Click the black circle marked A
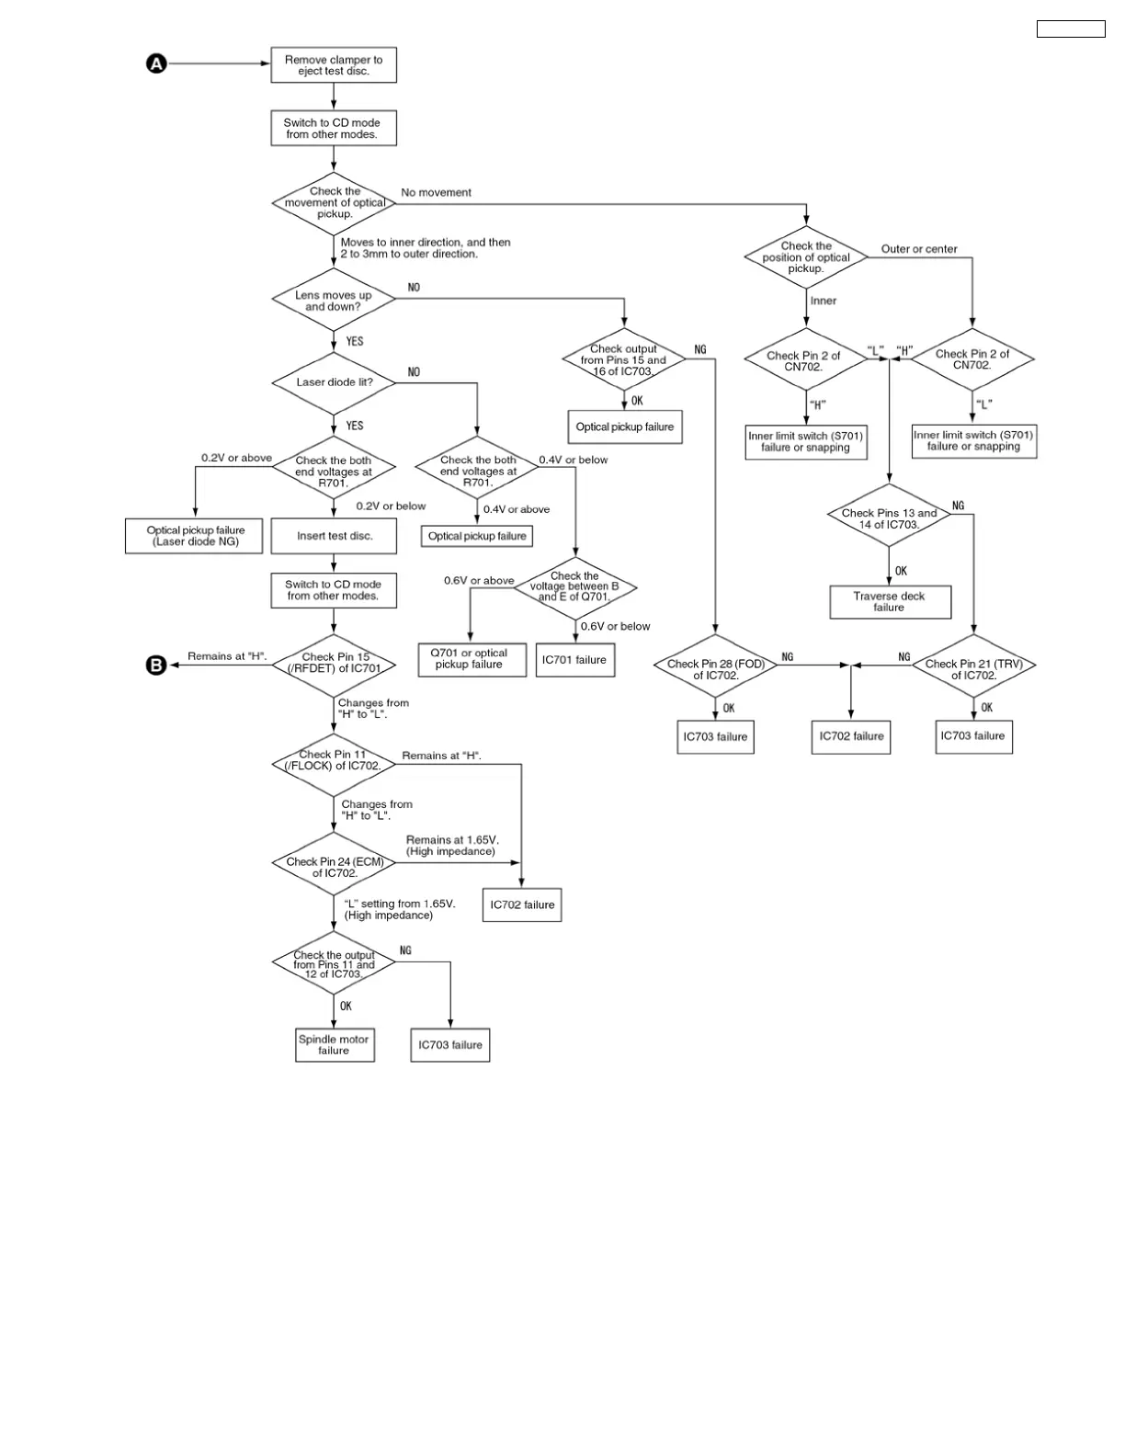coord(156,63)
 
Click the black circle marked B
coord(156,665)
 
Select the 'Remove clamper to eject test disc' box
coord(334,65)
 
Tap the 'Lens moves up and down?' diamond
coord(334,301)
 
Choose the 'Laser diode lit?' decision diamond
coord(334,381)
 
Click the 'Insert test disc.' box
coord(334,536)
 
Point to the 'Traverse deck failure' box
coord(889,602)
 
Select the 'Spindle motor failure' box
coord(334,1045)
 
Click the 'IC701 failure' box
coord(574,660)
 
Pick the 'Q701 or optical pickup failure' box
coord(471,659)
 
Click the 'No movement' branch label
coord(436,192)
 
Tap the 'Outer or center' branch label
coord(918,249)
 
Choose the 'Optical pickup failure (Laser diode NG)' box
coord(195,536)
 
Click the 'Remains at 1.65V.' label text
coord(451,840)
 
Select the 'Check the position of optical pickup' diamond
coord(806,257)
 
